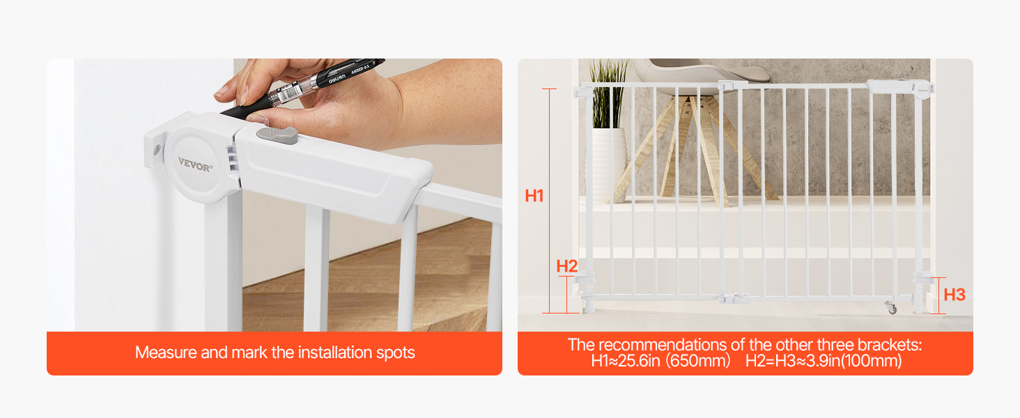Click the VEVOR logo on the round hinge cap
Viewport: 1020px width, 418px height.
(x=195, y=164)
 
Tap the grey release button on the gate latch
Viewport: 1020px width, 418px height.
(x=277, y=135)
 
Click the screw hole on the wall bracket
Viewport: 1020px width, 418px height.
(x=157, y=149)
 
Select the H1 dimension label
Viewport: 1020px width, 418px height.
(x=534, y=196)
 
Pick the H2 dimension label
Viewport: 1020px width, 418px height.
(x=567, y=266)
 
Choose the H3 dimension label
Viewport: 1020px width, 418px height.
(x=955, y=295)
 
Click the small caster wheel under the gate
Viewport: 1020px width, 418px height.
(x=891, y=307)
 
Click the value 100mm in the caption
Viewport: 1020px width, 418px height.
(x=871, y=361)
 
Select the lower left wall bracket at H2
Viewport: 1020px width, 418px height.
(x=585, y=277)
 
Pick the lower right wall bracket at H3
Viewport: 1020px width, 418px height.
(x=924, y=278)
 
